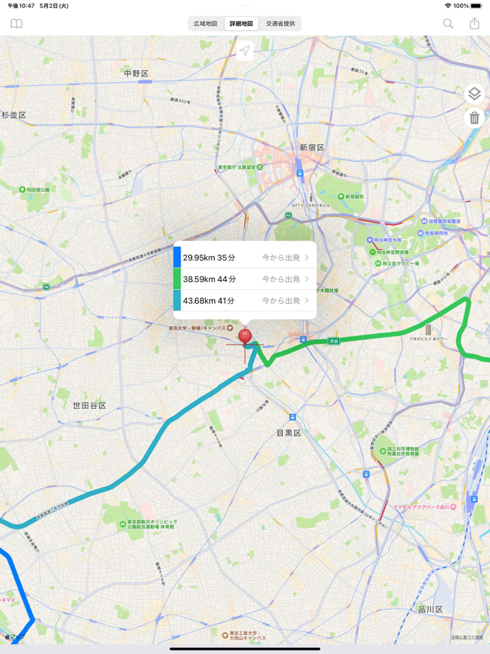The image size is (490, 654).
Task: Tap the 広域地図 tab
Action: (205, 24)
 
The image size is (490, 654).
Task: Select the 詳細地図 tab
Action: (241, 24)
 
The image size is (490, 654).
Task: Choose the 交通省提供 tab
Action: (280, 24)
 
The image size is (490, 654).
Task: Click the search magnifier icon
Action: (448, 24)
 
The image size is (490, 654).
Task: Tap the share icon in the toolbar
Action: (475, 23)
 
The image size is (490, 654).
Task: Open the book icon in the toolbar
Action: (16, 24)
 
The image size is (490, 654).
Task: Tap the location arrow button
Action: (245, 50)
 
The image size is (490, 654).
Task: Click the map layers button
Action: (474, 94)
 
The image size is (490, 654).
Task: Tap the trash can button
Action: (474, 118)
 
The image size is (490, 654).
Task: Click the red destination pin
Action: (244, 336)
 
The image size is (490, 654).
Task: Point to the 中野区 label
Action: (136, 74)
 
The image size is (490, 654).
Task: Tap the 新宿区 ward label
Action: (312, 147)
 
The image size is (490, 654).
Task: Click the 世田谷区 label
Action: (90, 405)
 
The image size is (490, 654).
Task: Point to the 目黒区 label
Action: (288, 433)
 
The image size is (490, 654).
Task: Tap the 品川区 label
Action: (430, 609)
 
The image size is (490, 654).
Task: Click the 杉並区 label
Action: (14, 115)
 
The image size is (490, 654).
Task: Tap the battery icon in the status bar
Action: (476, 6)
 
